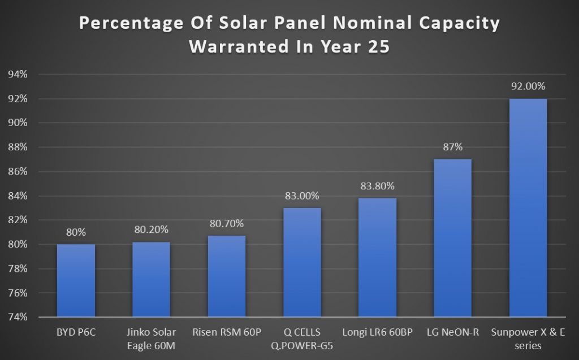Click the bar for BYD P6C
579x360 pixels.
tap(76, 280)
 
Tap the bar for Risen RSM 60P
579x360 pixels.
tap(226, 276)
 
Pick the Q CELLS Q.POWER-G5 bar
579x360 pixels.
tap(302, 262)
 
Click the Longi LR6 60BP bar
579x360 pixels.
tap(377, 257)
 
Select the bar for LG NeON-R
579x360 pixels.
tap(452, 238)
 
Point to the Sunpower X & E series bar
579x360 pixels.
tap(528, 207)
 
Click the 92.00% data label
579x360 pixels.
tap(528, 86)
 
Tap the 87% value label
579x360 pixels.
tap(452, 147)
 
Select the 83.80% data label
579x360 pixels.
tap(377, 186)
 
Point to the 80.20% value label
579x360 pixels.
tap(151, 230)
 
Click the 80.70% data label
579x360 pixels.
tap(226, 224)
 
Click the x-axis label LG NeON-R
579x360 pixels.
tap(452, 332)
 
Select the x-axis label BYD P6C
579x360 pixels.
tap(76, 332)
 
